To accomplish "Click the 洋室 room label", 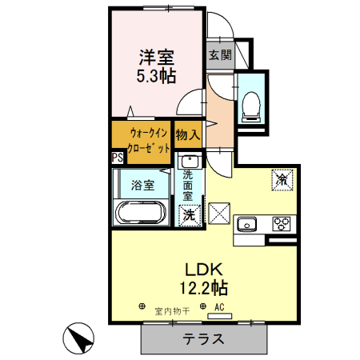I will tap(157, 58).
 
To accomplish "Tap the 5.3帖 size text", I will tap(157, 77).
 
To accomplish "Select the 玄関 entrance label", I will tap(220, 55).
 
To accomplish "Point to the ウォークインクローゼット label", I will tap(141, 141).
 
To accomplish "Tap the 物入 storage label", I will tap(187, 135).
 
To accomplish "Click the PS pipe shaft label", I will tap(117, 158).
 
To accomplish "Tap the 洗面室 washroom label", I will tap(188, 185).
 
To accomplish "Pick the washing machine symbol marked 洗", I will tap(188, 214).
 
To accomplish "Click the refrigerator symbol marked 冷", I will tap(283, 180).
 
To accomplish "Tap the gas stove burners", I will tap(282, 223).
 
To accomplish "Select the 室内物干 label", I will tap(171, 310).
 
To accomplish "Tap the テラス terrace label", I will tap(203, 338).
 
